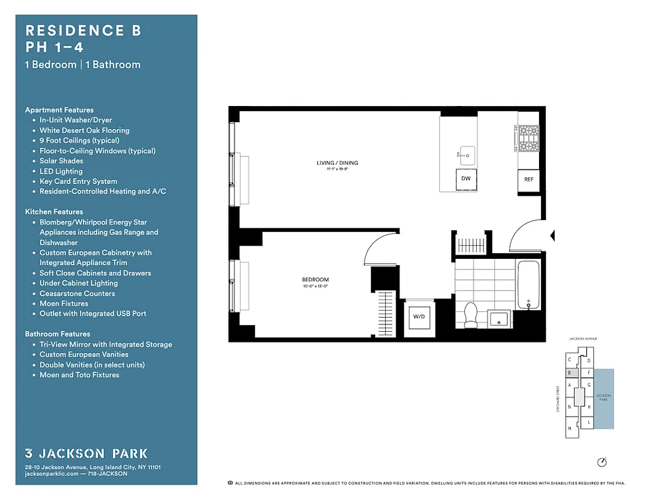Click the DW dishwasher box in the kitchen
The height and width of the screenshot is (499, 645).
(x=466, y=178)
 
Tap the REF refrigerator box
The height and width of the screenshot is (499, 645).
(x=528, y=180)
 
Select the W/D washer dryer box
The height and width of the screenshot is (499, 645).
(x=418, y=317)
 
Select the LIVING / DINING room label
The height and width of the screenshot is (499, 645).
(x=337, y=163)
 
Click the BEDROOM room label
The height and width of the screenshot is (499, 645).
(x=315, y=279)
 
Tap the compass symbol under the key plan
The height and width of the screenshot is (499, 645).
(x=601, y=462)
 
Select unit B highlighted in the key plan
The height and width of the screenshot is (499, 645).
(x=570, y=372)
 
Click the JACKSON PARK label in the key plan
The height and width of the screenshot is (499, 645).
(x=603, y=397)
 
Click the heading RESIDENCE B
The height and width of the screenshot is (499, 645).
(x=83, y=31)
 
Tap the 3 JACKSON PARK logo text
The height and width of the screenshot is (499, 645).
(x=86, y=453)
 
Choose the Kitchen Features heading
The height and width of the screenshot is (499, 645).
(x=54, y=212)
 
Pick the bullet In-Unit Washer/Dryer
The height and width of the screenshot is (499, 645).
(x=75, y=120)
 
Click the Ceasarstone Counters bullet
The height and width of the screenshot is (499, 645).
(x=77, y=293)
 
